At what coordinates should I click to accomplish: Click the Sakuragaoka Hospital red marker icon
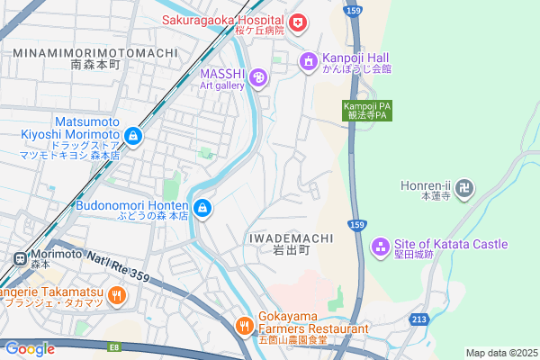pos(297,22)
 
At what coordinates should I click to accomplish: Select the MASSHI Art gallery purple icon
pos(259,79)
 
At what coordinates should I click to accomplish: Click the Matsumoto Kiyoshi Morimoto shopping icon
pos(133,136)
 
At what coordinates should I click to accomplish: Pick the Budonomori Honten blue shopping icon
pos(203,209)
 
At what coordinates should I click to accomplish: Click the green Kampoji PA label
pos(365,111)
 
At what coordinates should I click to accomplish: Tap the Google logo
pos(30,349)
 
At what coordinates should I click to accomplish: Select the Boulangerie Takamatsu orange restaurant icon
pos(116,294)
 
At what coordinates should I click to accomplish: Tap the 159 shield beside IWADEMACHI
pos(356,224)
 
